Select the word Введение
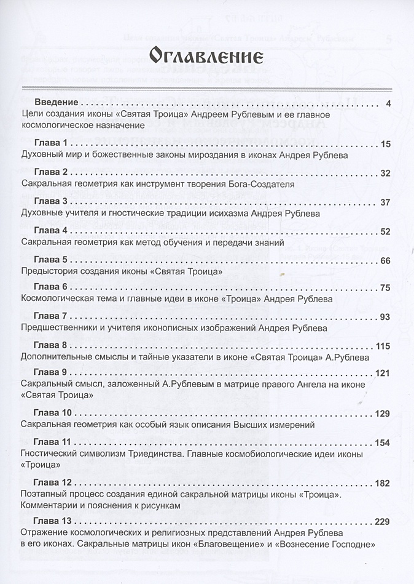56,102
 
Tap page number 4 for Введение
388,103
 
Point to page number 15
385,145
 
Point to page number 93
385,317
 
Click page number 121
383,374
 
